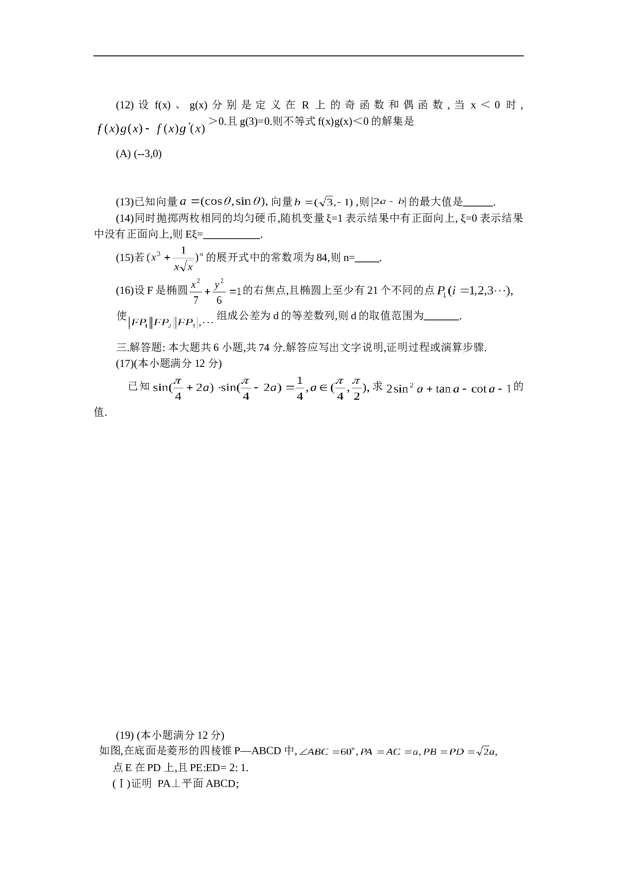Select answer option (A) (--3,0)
139,154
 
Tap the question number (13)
125,202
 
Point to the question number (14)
125,218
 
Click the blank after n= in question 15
368,259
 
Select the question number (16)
125,291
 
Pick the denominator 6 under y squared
219,300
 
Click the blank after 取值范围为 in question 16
442,317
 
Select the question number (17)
125,363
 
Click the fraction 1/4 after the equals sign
300,388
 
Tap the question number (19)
125,735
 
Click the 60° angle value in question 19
347,751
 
